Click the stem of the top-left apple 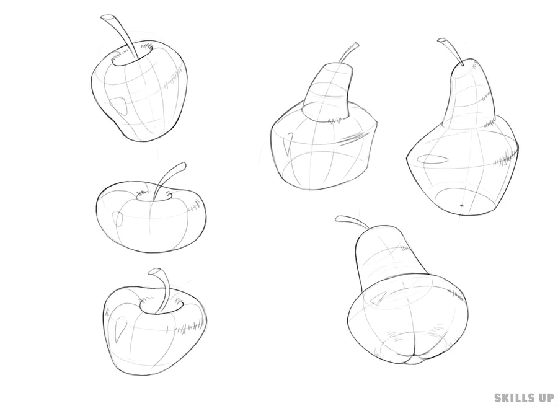click(x=121, y=35)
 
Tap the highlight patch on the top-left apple click(x=118, y=105)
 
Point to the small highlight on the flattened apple click(x=117, y=218)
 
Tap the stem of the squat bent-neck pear click(x=348, y=53)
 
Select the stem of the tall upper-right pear click(x=451, y=51)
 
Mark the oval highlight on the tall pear click(x=432, y=159)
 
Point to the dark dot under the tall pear click(x=462, y=205)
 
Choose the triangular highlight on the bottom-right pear click(x=378, y=299)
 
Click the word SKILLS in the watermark click(x=513, y=397)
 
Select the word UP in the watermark click(x=544, y=397)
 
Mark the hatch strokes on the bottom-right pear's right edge click(x=458, y=294)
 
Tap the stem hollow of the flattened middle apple click(x=154, y=196)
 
